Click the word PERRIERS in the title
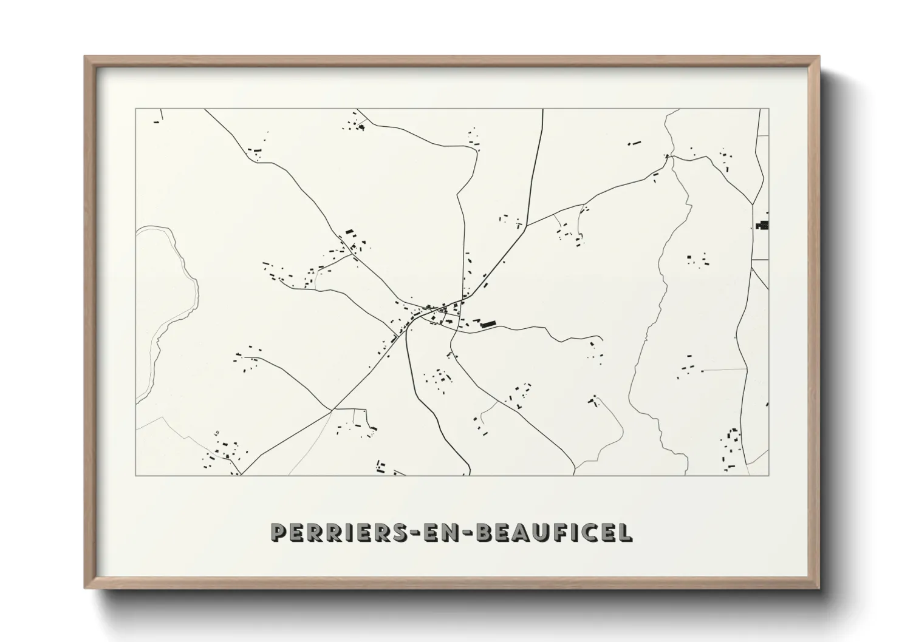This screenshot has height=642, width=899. (332, 532)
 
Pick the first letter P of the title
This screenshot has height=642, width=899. (279, 532)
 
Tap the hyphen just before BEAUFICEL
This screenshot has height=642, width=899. (468, 533)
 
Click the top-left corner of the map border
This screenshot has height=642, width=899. (135, 109)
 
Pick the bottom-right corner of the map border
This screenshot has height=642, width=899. (769, 475)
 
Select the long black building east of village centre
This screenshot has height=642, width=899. (488, 325)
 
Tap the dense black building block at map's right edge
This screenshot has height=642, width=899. (763, 225)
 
